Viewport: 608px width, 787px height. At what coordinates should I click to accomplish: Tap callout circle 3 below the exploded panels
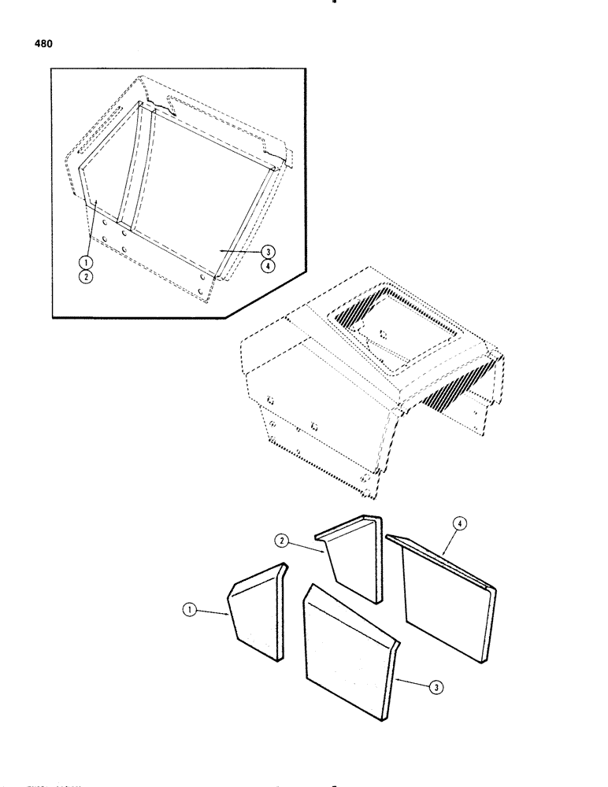(x=434, y=687)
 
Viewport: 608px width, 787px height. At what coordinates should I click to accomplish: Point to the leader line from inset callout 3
(x=240, y=250)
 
